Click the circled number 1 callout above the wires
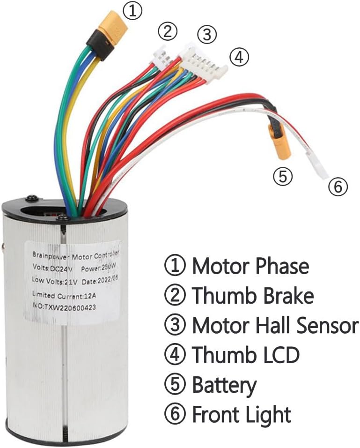click(x=133, y=11)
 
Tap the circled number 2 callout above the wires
click(x=167, y=32)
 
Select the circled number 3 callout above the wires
click(x=207, y=34)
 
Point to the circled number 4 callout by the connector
click(x=239, y=58)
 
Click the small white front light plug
click(x=320, y=169)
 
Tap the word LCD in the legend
click(x=279, y=355)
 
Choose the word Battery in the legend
click(x=224, y=385)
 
